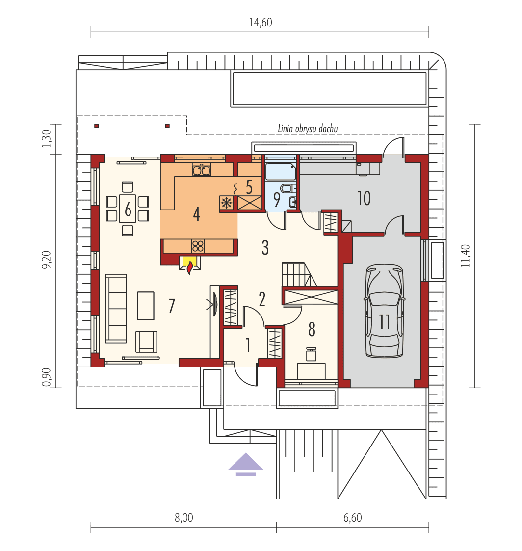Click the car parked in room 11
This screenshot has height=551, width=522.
click(x=384, y=311)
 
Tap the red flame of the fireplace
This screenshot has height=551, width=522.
click(x=190, y=268)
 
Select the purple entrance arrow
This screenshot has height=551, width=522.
click(x=245, y=464)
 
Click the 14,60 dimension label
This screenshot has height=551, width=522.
click(x=261, y=23)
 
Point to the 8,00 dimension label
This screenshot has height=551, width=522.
click(x=183, y=518)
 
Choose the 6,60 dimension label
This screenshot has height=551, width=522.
click(x=352, y=518)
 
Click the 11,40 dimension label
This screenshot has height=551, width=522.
click(x=465, y=256)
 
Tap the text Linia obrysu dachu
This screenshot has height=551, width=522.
click(x=308, y=129)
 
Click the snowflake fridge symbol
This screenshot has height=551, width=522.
click(x=227, y=203)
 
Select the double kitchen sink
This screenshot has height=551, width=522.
click(x=202, y=170)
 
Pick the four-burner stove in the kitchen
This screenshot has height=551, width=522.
click(x=198, y=246)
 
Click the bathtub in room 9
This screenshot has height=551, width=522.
click(x=281, y=172)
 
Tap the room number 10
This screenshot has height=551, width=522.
click(x=364, y=199)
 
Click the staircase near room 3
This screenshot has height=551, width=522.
click(x=299, y=274)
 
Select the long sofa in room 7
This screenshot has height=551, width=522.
click(x=116, y=309)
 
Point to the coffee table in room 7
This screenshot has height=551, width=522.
click(x=145, y=306)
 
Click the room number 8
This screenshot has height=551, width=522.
click(x=312, y=330)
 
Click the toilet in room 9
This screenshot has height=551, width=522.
click(x=287, y=188)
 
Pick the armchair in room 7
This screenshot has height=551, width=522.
click(x=146, y=341)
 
